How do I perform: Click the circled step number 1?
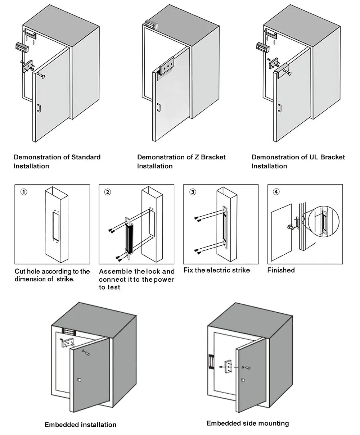point(23,192)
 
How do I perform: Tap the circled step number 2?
point(108,192)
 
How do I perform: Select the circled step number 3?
point(193,192)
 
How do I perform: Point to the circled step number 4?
point(276,192)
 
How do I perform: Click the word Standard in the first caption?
point(86,157)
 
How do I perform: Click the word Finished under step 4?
point(281,270)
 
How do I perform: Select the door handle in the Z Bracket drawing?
point(158,107)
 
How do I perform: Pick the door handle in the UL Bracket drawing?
point(280,108)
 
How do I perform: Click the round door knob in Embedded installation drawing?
point(79,380)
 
